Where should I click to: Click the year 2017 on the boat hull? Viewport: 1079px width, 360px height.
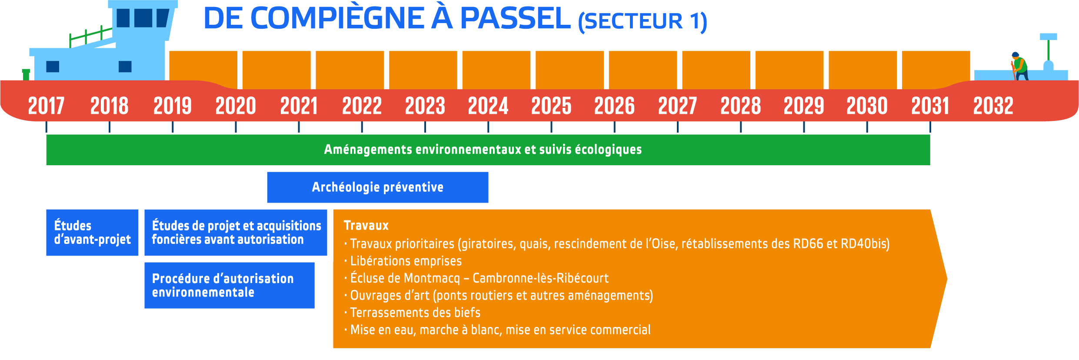pyautogui.click(x=46, y=106)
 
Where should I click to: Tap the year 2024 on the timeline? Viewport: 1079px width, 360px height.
pyautogui.click(x=488, y=106)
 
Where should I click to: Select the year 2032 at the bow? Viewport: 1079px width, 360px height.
pyautogui.click(x=993, y=106)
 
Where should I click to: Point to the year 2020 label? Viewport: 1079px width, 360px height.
pyautogui.click(x=236, y=106)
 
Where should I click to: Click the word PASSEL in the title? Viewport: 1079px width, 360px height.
pyautogui.click(x=515, y=18)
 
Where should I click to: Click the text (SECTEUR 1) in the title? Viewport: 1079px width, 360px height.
pyautogui.click(x=643, y=21)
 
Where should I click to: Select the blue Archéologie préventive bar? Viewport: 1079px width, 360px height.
pyautogui.click(x=378, y=187)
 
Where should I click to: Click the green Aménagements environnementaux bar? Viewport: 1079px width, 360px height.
pyautogui.click(x=488, y=150)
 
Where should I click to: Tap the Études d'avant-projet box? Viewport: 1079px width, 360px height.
pyautogui.click(x=92, y=233)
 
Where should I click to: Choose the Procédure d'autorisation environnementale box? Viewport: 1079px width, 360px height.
pyautogui.click(x=230, y=285)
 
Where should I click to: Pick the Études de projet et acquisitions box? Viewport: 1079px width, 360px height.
pyautogui.click(x=236, y=233)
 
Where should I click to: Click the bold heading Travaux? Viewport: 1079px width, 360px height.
pyautogui.click(x=366, y=226)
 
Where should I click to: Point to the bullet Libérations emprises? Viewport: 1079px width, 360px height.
pyautogui.click(x=403, y=261)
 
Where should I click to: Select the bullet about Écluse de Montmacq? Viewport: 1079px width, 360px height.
pyautogui.click(x=476, y=278)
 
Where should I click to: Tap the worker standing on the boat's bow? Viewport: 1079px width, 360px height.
pyautogui.click(x=1020, y=66)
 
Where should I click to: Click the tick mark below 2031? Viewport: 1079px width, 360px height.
pyautogui.click(x=930, y=127)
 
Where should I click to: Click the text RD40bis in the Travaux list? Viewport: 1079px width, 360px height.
pyautogui.click(x=865, y=244)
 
